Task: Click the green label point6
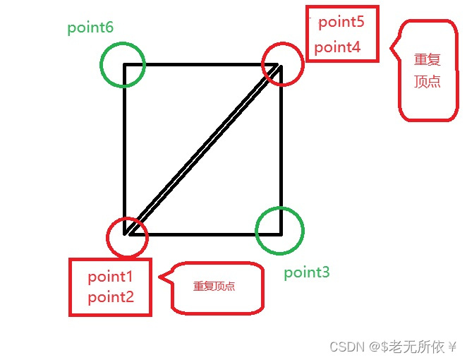pyautogui.click(x=90, y=28)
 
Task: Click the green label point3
pyautogui.click(x=307, y=272)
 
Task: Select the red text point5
pyautogui.click(x=341, y=22)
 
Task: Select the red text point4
pyautogui.click(x=337, y=47)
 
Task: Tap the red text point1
pyautogui.click(x=111, y=272)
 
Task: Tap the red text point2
pyautogui.click(x=111, y=297)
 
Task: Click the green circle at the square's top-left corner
pyautogui.click(x=123, y=64)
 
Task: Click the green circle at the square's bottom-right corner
pyautogui.click(x=279, y=231)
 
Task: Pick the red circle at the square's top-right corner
pyautogui.click(x=282, y=64)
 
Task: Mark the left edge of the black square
pyautogui.click(x=125, y=148)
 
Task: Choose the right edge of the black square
pyautogui.click(x=281, y=148)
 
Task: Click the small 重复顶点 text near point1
pyautogui.click(x=214, y=287)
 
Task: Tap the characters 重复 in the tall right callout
pyautogui.click(x=427, y=60)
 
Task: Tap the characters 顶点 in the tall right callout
pyautogui.click(x=427, y=81)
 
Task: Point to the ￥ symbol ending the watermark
pyautogui.click(x=453, y=347)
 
